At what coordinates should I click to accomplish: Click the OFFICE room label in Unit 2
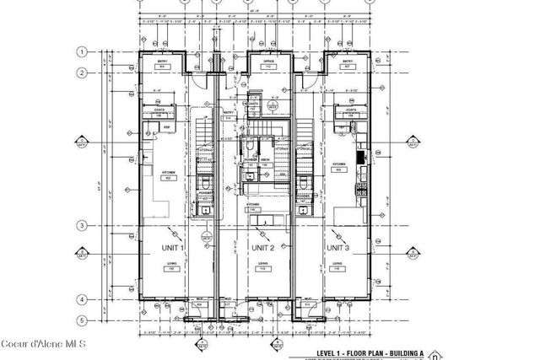pos(270,62)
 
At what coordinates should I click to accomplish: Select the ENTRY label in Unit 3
pos(348,62)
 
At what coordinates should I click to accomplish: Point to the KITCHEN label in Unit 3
pos(339,165)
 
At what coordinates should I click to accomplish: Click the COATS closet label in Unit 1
pos(159,109)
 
